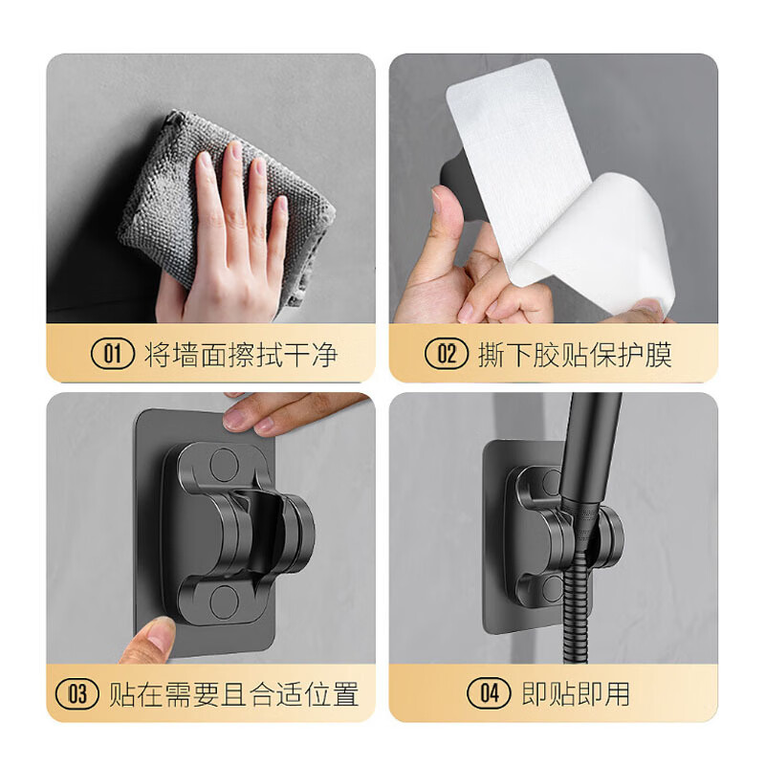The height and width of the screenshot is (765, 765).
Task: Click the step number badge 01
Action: click(x=113, y=355)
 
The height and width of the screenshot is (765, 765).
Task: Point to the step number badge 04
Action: click(x=489, y=693)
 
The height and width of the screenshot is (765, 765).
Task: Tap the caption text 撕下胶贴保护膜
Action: click(x=576, y=355)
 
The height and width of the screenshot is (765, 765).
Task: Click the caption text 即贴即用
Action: click(x=576, y=693)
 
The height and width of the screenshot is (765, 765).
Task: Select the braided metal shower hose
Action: click(x=574, y=612)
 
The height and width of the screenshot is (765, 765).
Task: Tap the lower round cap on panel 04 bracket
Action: click(x=550, y=580)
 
